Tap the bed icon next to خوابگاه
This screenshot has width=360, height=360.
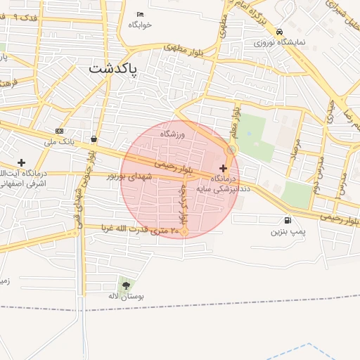pyautogui.click(x=140, y=14)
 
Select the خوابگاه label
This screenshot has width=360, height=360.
pyautogui.click(x=140, y=25)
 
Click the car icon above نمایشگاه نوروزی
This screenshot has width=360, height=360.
pyautogui.click(x=280, y=32)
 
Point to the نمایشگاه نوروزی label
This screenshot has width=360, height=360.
pyautogui.click(x=281, y=42)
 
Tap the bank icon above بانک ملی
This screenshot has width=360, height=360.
pyautogui.click(x=59, y=131)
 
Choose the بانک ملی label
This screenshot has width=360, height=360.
pyautogui.click(x=59, y=142)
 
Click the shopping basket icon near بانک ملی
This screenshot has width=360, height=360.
pyautogui.click(x=94, y=139)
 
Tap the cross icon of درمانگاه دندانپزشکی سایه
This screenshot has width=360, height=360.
pyautogui.click(x=224, y=168)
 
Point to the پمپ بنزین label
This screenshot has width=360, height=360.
pyautogui.click(x=288, y=231)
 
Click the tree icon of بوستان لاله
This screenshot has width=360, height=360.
pyautogui.click(x=126, y=285)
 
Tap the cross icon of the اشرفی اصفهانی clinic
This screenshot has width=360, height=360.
pyautogui.click(x=21, y=162)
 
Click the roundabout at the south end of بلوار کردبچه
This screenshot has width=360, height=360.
pyautogui.click(x=184, y=231)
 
